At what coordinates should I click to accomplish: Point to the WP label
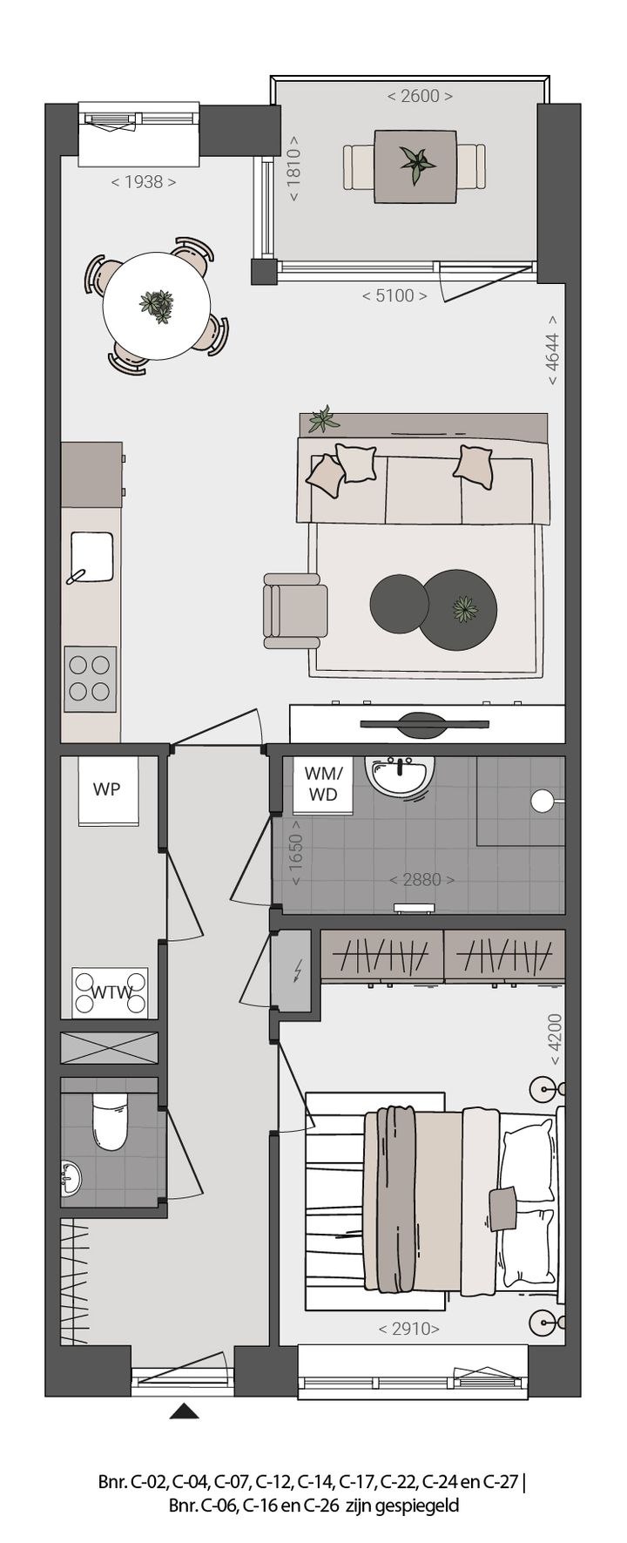click(106, 789)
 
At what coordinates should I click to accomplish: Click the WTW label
click(111, 992)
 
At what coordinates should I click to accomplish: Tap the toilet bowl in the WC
click(110, 1123)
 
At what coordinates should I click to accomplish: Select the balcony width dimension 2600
click(420, 96)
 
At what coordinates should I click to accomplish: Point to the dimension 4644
click(552, 355)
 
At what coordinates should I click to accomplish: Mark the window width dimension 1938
click(144, 182)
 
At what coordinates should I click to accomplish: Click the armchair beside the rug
click(294, 610)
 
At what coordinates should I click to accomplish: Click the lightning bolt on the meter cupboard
click(299, 969)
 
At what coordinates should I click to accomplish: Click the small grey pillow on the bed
click(502, 1202)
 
